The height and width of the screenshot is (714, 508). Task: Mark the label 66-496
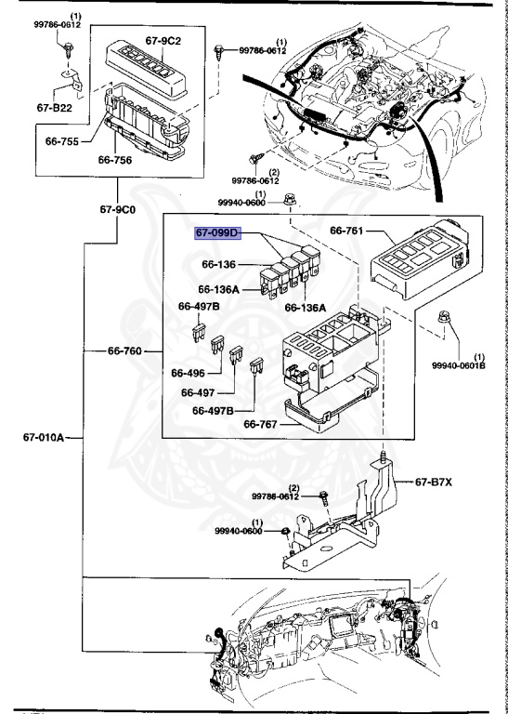click(189, 373)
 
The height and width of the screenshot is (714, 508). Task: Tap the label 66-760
click(127, 351)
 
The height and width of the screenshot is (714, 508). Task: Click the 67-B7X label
click(434, 482)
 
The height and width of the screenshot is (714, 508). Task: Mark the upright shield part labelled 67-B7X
click(381, 493)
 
